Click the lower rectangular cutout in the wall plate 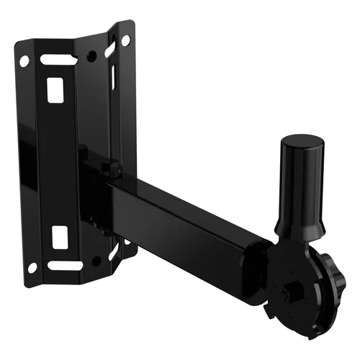pos(60,236)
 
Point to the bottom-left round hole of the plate pos(32,268)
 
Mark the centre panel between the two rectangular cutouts pos(58,162)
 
